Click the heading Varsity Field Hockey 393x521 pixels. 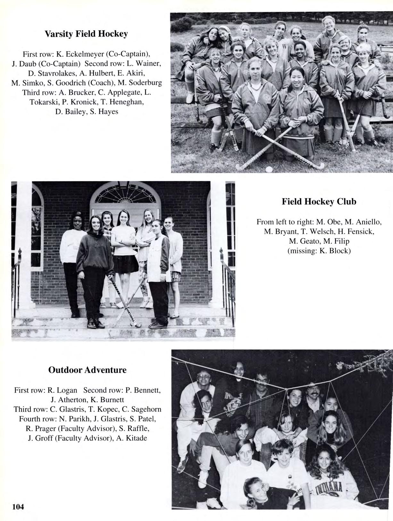click(86, 34)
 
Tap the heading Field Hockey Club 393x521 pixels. click(319, 202)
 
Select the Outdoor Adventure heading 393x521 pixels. click(87, 370)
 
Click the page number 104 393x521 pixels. click(18, 507)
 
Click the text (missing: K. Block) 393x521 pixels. click(319, 251)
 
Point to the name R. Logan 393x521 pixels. click(62, 390)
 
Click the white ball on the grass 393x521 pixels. click(269, 169)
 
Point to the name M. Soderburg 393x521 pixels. click(140, 83)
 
